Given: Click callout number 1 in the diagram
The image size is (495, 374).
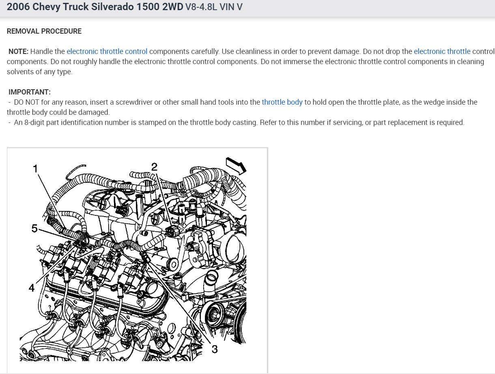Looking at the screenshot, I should [36, 168].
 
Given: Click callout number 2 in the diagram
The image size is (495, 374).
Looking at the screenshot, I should [154, 166].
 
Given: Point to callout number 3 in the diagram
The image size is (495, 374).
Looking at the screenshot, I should [215, 349].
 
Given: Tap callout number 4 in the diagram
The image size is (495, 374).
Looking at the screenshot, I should [32, 288].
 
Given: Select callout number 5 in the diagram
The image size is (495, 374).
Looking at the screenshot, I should [34, 229].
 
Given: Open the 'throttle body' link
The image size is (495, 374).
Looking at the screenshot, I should [282, 102].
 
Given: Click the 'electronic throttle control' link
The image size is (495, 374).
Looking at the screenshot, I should [107, 52].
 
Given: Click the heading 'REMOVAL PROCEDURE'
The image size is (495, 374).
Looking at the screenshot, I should [44, 31].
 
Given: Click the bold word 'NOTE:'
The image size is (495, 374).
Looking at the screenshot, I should [19, 52].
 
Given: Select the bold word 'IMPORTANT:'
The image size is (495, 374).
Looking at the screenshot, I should [30, 92].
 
